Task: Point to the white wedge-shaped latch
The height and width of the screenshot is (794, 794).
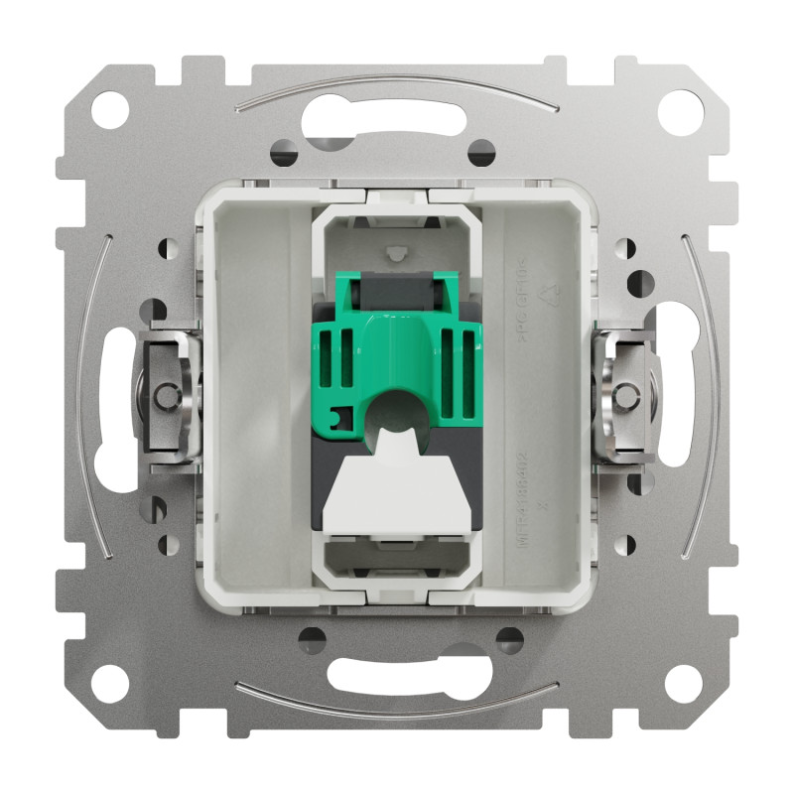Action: (x=397, y=492)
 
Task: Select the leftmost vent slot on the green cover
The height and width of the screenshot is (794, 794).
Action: (x=331, y=357)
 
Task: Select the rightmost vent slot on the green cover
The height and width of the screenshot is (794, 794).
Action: (x=464, y=357)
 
